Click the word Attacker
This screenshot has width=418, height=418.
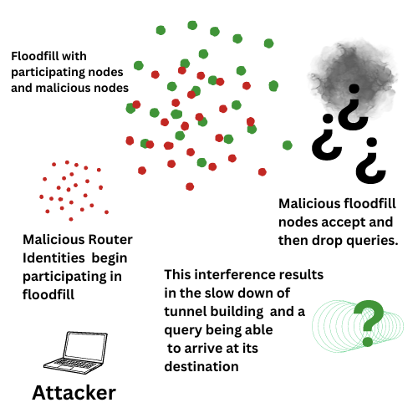[x=74, y=392]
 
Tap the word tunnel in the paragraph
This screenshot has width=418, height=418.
[x=187, y=312]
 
